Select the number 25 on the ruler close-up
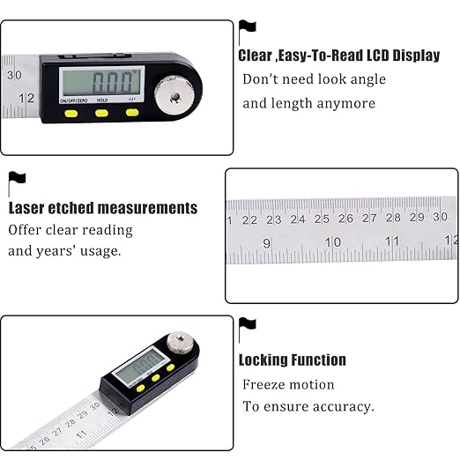click(321, 219)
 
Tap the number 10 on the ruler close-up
click(333, 241)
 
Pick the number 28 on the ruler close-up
click(393, 218)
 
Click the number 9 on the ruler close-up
click(267, 241)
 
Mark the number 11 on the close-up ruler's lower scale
click(393, 241)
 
